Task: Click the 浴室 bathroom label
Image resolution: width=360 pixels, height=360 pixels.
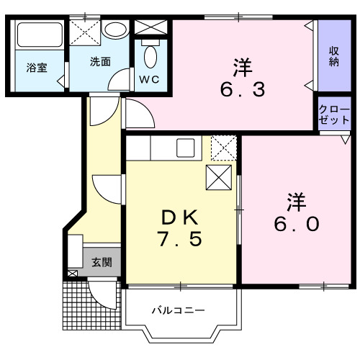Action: (x=37, y=68)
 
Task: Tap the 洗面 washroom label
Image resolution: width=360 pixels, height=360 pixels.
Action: (x=100, y=61)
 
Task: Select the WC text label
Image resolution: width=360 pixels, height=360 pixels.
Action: (x=150, y=78)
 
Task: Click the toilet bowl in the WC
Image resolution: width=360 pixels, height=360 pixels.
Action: (x=150, y=56)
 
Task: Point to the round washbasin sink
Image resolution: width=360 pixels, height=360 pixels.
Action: (x=114, y=30)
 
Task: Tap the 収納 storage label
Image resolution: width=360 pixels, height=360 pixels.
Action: (x=334, y=56)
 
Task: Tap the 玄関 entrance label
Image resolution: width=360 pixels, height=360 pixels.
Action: (x=101, y=262)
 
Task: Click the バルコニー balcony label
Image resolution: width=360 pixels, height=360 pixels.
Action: (x=178, y=311)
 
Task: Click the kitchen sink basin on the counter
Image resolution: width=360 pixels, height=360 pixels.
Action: (x=185, y=150)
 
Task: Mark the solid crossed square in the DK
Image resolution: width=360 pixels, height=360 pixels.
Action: (x=218, y=177)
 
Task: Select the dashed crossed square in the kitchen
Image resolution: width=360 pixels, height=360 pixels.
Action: (x=224, y=148)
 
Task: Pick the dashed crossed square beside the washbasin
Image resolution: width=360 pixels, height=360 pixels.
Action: (x=84, y=30)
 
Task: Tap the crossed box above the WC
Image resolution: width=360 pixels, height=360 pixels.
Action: (x=150, y=27)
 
